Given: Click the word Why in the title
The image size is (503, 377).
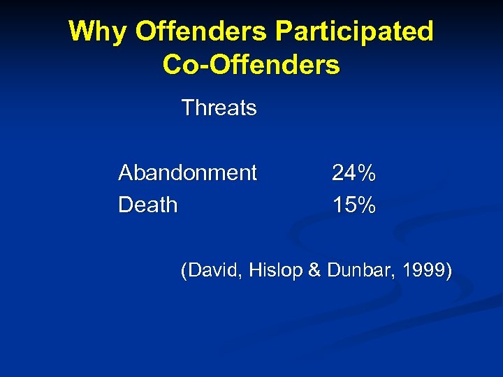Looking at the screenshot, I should [x=97, y=32].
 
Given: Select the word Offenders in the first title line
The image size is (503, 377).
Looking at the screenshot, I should [x=201, y=31].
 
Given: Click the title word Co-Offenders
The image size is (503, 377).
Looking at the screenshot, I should [x=251, y=65].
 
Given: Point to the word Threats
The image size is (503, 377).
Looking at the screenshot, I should [x=219, y=108].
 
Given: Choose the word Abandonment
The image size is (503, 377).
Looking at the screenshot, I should [x=187, y=172].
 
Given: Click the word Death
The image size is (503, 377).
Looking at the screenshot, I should [x=147, y=205].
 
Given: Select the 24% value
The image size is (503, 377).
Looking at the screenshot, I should [x=353, y=172].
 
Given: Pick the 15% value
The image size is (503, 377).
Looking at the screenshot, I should [x=353, y=205].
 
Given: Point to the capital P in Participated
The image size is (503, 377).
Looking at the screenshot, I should [x=285, y=31].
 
